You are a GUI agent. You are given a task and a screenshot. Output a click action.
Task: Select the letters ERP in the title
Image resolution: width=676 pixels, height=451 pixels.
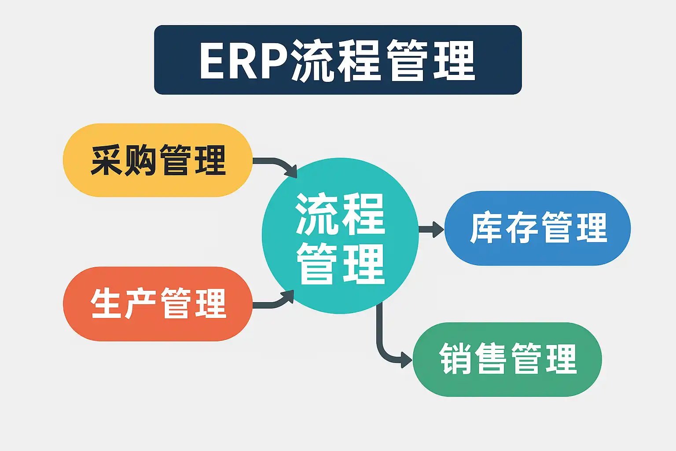(243, 61)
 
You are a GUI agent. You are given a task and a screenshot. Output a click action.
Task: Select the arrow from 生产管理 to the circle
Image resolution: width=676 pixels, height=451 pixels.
(275, 302)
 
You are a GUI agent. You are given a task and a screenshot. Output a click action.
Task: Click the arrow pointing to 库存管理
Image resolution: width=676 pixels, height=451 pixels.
(431, 229)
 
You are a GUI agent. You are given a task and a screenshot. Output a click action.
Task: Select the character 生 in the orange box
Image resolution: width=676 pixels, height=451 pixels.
(106, 304)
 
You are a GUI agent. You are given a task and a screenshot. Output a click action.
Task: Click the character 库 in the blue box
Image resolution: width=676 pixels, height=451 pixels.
(486, 228)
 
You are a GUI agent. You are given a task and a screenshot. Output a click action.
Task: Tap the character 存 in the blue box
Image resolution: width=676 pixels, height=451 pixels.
(521, 228)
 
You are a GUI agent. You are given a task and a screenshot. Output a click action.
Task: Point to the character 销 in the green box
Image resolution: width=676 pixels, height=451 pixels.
(456, 359)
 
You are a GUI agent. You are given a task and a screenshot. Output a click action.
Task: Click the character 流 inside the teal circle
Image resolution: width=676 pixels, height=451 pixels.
(316, 214)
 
